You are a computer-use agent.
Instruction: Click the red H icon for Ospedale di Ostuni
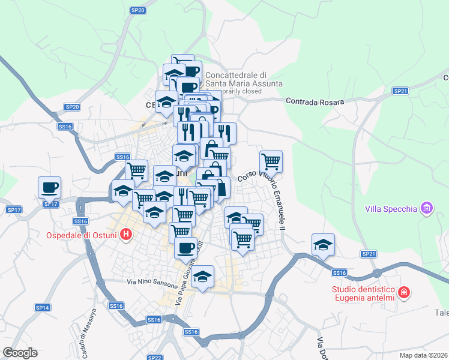point(126,235)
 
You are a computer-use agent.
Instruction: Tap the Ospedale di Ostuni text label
point(82,235)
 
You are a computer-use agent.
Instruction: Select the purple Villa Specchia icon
point(426,208)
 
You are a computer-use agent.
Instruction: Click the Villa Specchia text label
point(391,209)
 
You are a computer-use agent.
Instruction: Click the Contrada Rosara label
point(315,101)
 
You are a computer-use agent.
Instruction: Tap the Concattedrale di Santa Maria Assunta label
point(244,80)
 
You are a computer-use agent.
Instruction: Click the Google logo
point(20,353)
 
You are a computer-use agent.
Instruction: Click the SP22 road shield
point(155,358)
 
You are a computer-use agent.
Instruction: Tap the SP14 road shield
point(42,308)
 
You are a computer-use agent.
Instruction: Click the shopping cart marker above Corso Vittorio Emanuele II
point(271,161)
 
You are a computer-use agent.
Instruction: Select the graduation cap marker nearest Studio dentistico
point(323,245)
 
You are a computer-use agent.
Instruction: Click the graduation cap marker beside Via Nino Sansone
point(203,277)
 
